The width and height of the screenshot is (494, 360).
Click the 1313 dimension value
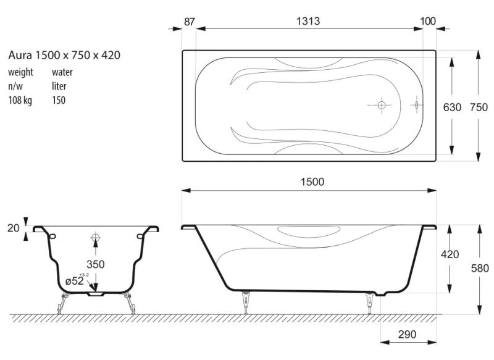click(x=308, y=21)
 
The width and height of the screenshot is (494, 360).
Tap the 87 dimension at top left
click(x=190, y=22)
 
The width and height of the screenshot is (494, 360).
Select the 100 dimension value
click(x=428, y=21)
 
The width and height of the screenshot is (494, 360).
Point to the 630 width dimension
click(x=452, y=107)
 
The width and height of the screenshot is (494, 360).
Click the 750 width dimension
click(x=479, y=107)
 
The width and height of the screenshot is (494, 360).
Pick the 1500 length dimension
click(x=312, y=182)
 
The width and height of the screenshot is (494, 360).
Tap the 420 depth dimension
click(x=450, y=254)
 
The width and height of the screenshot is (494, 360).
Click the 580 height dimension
click(x=480, y=268)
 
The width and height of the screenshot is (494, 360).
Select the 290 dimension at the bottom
click(x=407, y=334)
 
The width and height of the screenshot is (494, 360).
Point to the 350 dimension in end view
click(x=96, y=264)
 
